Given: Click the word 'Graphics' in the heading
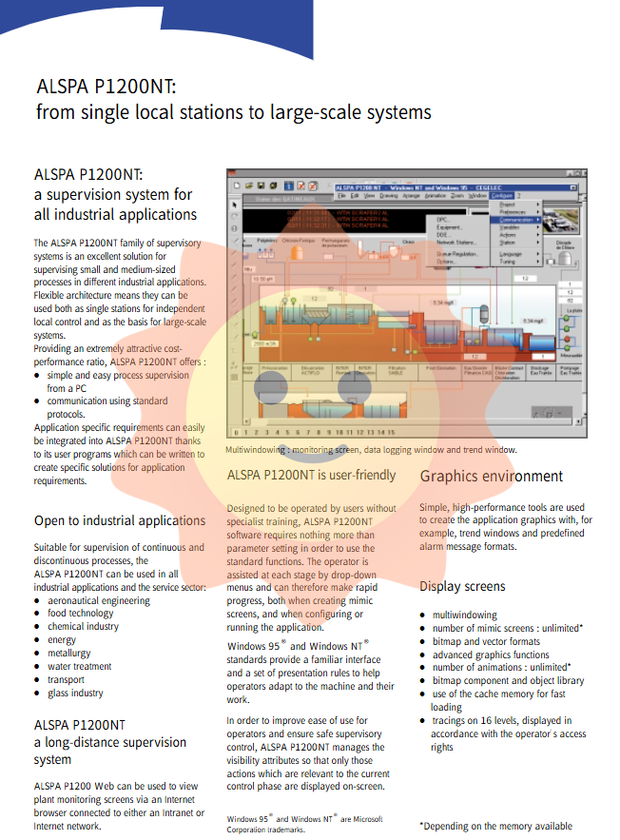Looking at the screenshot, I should click(451, 477).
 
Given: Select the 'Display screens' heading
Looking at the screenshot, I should click(462, 586).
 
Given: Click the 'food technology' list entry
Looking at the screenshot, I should click(81, 614).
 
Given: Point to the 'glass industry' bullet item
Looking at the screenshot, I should click(75, 693).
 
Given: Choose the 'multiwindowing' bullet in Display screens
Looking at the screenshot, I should click(464, 615).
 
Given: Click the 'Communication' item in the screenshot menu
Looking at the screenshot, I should click(515, 220).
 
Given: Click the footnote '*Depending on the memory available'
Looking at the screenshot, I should click(495, 826).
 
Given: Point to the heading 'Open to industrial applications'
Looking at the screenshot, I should click(120, 520).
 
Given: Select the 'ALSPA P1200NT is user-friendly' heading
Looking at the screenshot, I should click(312, 475).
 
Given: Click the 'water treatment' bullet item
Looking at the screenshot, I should click(79, 667).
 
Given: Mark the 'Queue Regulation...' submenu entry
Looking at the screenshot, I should click(458, 254).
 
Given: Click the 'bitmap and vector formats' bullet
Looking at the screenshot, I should click(486, 642).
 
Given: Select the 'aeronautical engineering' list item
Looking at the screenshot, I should click(99, 600).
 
